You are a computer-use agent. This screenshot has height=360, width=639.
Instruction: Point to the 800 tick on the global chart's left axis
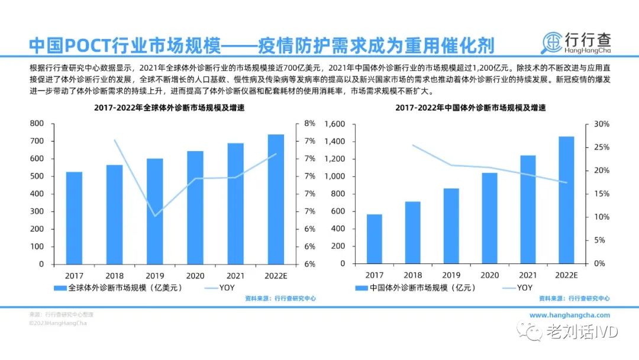(37, 124)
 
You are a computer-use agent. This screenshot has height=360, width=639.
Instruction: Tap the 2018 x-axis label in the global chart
(114, 275)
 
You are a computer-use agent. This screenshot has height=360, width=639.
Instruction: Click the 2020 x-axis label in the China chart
(489, 275)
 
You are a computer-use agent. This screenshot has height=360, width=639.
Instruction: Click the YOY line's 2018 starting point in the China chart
(413, 145)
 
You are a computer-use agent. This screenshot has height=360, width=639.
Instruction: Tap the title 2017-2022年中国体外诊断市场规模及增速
(470, 108)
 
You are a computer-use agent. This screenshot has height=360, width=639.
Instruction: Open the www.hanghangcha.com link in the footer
(569, 316)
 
